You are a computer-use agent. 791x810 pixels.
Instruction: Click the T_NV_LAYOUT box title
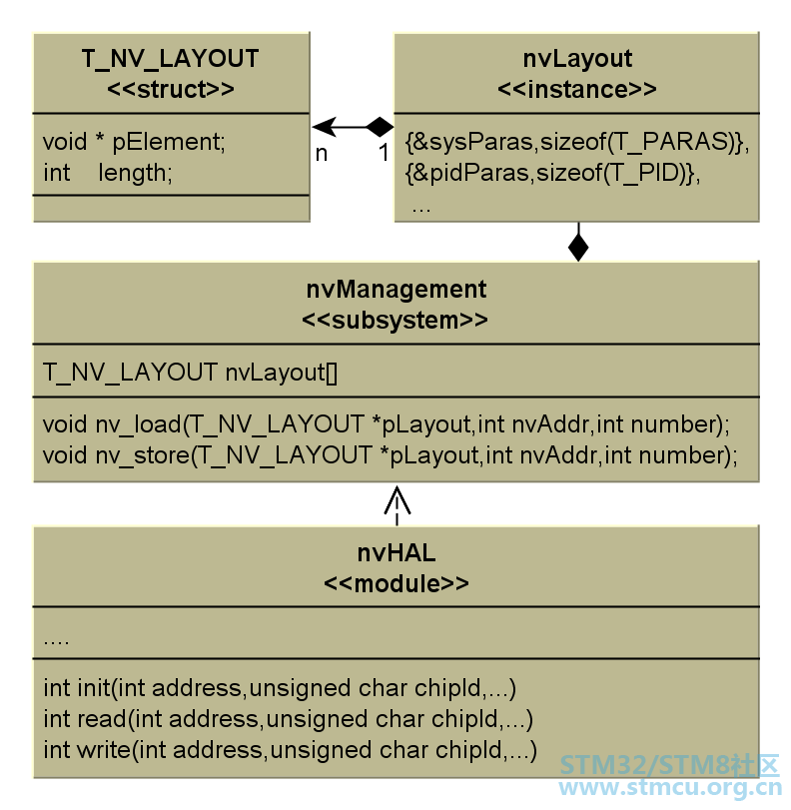171,59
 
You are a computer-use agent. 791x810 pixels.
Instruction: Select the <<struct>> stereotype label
171,89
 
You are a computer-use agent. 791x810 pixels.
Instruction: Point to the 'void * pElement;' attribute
135,142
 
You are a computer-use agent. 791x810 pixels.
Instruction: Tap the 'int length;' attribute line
108,173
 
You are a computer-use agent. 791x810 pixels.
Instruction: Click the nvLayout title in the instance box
577,59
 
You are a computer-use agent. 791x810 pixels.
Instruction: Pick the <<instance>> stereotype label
577,89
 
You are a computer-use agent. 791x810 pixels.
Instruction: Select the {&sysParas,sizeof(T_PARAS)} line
577,142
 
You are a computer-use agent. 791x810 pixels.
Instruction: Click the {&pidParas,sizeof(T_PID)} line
553,173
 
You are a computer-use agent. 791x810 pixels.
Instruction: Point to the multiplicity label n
322,154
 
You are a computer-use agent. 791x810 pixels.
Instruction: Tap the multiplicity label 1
384,153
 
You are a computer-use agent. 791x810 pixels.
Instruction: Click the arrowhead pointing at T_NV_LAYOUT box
325,127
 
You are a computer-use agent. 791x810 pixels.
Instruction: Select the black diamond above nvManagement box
578,247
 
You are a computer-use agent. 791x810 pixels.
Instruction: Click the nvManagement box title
396,290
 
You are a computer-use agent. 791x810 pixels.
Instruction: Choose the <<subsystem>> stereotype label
395,321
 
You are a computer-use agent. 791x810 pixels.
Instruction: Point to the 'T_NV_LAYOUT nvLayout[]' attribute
190,373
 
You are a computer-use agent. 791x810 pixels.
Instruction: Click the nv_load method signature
387,424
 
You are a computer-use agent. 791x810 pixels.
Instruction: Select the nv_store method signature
391,455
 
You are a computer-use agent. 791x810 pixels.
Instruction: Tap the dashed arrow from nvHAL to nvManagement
396,505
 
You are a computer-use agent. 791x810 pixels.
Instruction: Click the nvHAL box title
396,553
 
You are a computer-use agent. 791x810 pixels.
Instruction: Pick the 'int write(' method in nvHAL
290,750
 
